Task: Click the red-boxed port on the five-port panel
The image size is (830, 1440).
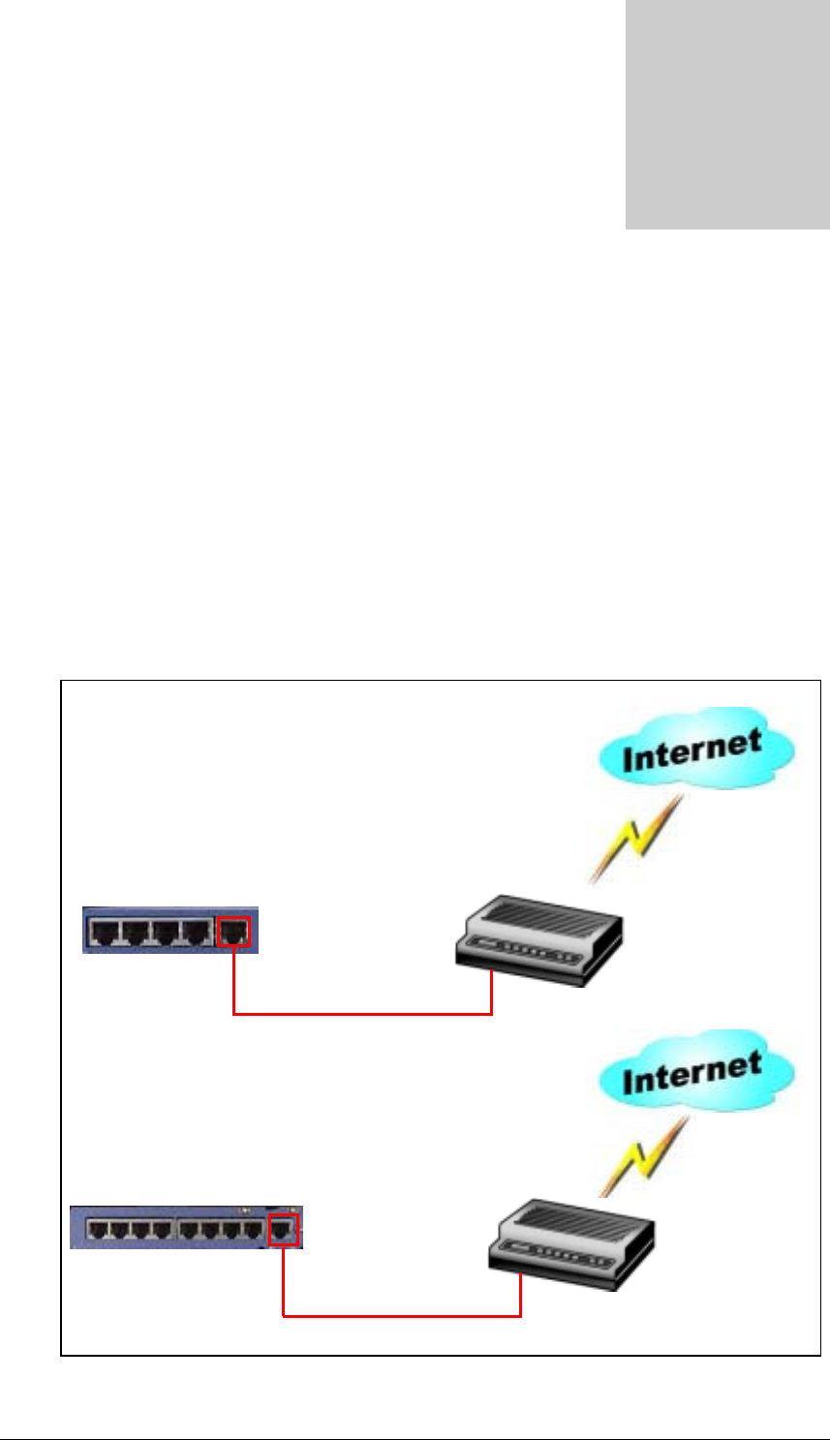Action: pyautogui.click(x=233, y=932)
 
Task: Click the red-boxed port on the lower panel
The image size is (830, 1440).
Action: pyautogui.click(x=283, y=1231)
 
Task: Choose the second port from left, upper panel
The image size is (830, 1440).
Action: pyautogui.click(x=136, y=933)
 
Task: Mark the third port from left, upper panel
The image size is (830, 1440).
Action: pyautogui.click(x=167, y=933)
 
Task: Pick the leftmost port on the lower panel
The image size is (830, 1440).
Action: pyautogui.click(x=99, y=1231)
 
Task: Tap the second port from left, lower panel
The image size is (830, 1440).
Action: pyautogui.click(x=120, y=1231)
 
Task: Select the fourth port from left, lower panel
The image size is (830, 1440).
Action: pyautogui.click(x=162, y=1231)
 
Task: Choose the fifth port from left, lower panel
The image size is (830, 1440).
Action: pyautogui.click(x=188, y=1231)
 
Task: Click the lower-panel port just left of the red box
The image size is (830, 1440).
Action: pyautogui.click(x=252, y=1231)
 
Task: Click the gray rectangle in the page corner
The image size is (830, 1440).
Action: pyautogui.click(x=727, y=114)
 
